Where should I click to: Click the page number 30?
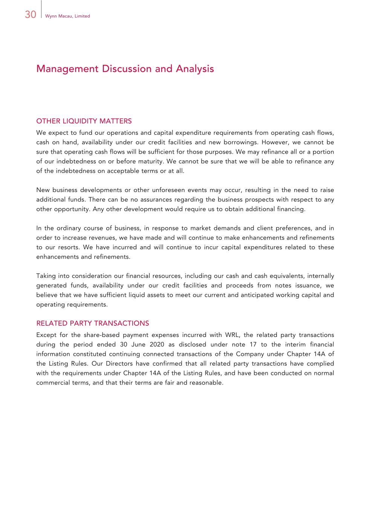(x=31, y=14)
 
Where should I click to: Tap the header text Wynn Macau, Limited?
(x=67, y=16)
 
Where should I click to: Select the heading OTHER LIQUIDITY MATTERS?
(x=84, y=121)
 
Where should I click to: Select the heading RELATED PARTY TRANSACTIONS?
(x=93, y=323)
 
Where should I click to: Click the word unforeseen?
(x=167, y=190)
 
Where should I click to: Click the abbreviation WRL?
(x=232, y=335)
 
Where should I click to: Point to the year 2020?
(x=157, y=345)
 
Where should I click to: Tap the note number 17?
(x=253, y=345)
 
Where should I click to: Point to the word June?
(x=138, y=345)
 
